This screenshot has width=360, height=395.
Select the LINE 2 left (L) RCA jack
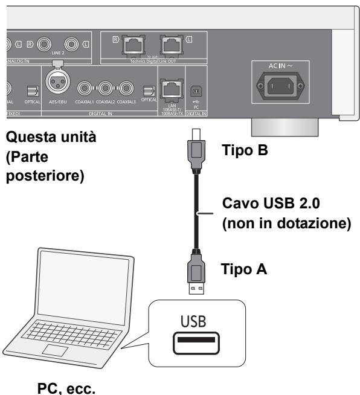click(x=72, y=44)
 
